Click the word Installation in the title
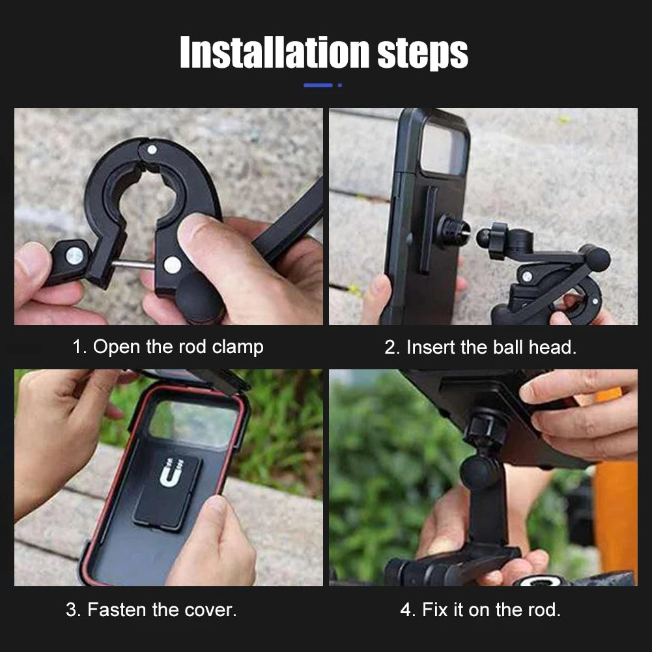pos(274,52)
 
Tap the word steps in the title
pos(423,55)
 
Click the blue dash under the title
pos(318,85)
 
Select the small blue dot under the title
pos(340,85)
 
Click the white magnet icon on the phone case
pos(171,472)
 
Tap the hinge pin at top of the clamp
pos(152,149)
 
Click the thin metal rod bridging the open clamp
pos(133,264)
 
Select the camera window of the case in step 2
pos(443,149)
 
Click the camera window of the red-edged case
pos(193,423)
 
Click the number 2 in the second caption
pos(390,347)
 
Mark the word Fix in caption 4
pos(435,610)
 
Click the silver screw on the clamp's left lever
pos(74,256)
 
